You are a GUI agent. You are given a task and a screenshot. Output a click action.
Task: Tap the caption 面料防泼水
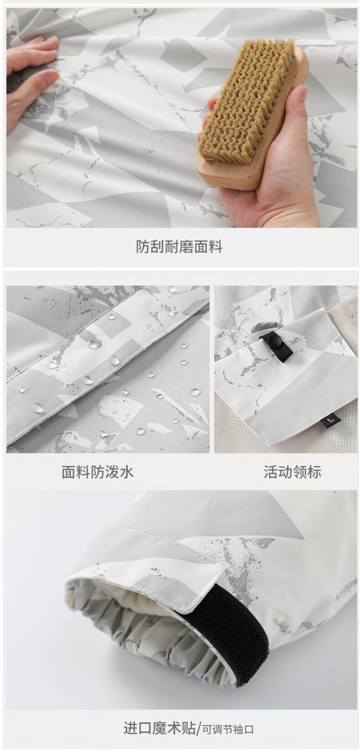(x=97, y=472)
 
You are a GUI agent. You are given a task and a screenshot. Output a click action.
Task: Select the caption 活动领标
(x=292, y=472)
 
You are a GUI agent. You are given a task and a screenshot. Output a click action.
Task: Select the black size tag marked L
(x=332, y=419)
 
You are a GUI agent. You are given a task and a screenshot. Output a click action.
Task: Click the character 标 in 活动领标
(x=314, y=472)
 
